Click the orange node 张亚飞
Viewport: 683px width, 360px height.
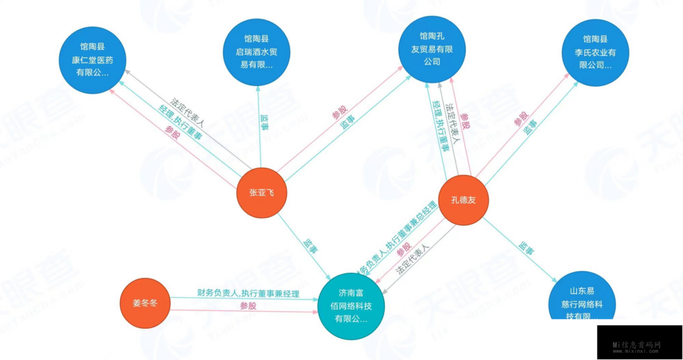click(261, 193)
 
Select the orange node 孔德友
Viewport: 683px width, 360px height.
click(464, 201)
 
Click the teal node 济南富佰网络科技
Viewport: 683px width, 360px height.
click(352, 306)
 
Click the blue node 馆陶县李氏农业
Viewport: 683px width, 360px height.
click(596, 53)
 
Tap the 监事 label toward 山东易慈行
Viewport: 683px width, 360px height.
click(526, 249)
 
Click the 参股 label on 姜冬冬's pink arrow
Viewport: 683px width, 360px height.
click(247, 306)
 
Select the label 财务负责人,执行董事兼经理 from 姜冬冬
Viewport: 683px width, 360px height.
click(248, 293)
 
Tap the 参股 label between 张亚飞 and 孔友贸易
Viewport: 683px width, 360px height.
click(339, 111)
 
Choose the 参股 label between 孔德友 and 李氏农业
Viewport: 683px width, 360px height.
click(521, 119)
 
